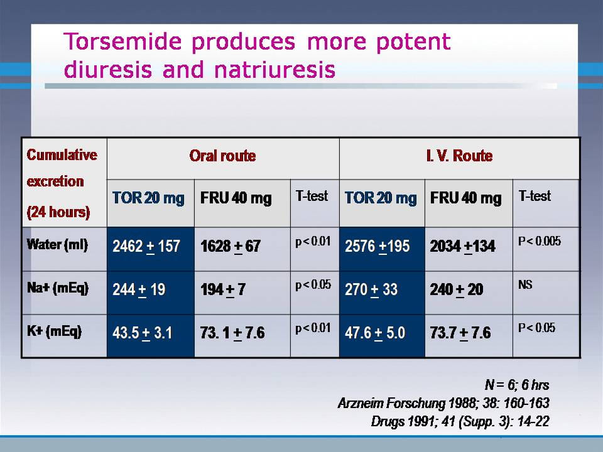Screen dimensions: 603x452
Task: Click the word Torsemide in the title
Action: click(x=122, y=41)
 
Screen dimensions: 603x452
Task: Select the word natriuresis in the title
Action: click(x=274, y=70)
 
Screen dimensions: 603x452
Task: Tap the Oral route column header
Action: click(x=222, y=156)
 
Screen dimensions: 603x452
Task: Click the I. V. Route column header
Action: click(x=459, y=156)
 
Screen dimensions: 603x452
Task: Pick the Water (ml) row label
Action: click(x=57, y=245)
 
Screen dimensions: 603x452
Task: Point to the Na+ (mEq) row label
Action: click(x=58, y=288)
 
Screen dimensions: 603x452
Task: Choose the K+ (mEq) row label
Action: click(x=54, y=331)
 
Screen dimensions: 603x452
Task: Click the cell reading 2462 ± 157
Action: click(x=146, y=246)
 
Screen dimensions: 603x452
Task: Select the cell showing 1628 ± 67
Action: click(x=231, y=246)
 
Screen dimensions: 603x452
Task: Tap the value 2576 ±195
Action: click(x=378, y=246)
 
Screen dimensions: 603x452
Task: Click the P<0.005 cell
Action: click(x=540, y=241)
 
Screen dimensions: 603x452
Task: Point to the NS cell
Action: click(x=525, y=285)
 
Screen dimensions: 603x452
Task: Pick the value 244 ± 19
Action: click(x=139, y=290)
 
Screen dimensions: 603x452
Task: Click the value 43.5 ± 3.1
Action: click(x=143, y=333)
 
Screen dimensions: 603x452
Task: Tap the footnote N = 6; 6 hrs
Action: click(x=517, y=385)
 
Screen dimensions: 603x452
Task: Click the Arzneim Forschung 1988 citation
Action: click(x=443, y=403)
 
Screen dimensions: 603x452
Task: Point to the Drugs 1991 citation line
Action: click(x=460, y=422)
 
